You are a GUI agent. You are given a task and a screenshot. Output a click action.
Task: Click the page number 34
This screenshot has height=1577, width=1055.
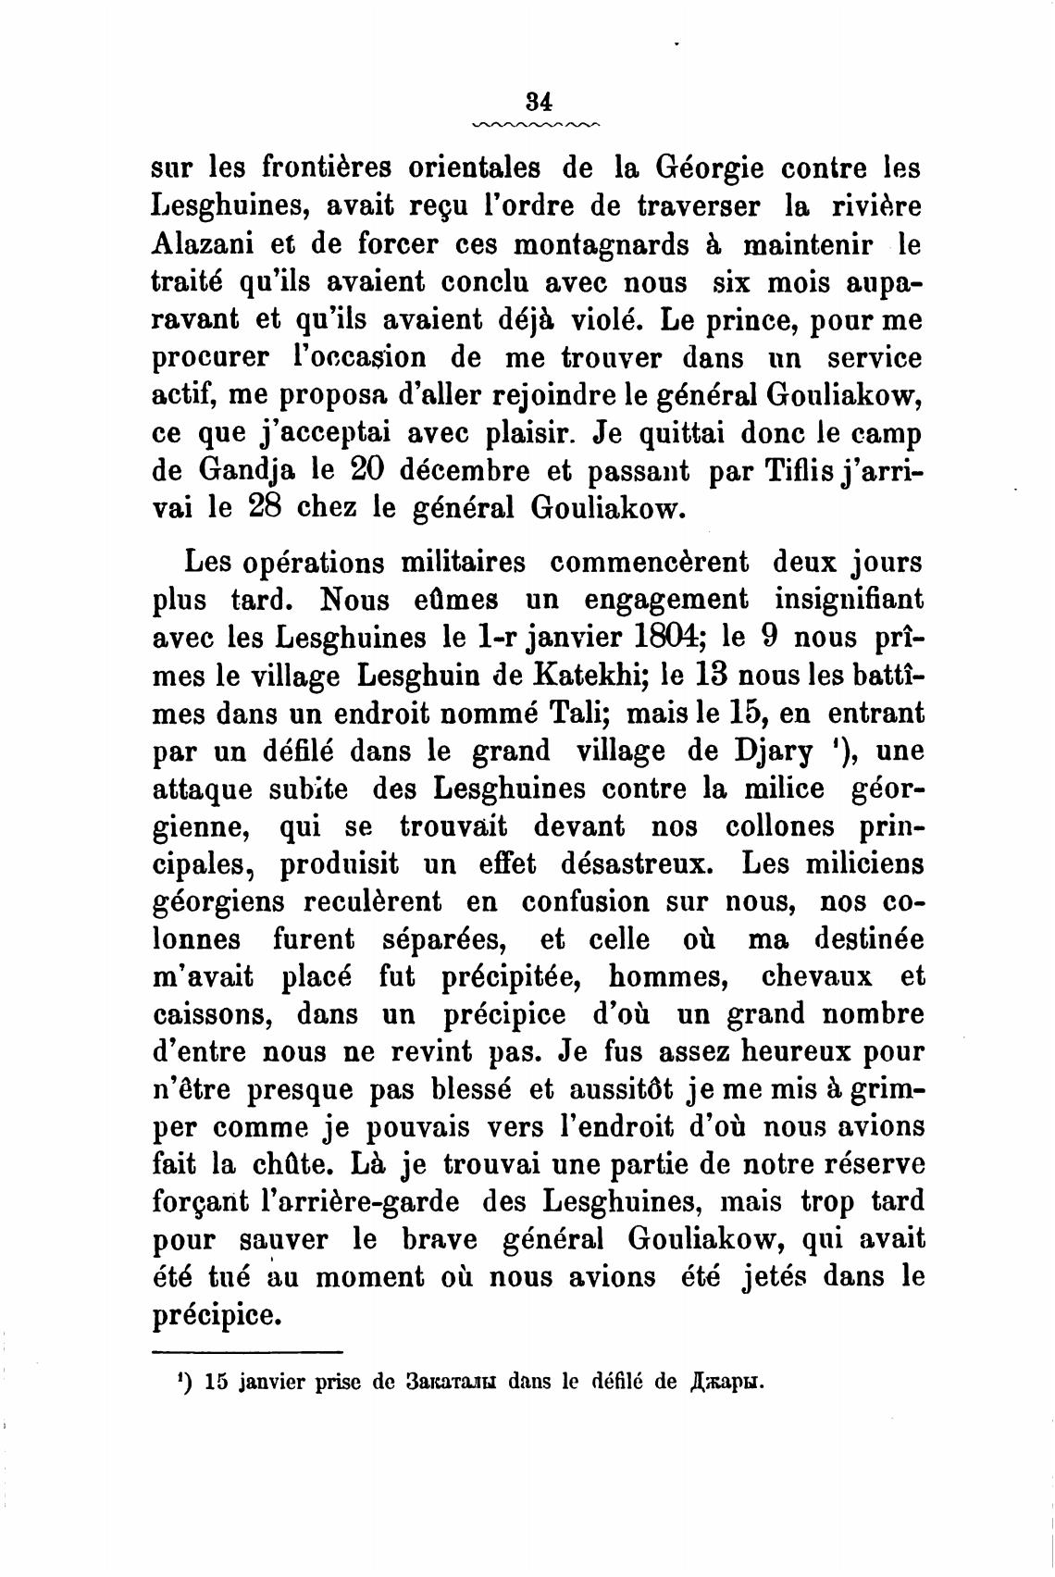537,100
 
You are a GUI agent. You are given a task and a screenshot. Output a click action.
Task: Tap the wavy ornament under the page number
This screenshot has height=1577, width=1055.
537,124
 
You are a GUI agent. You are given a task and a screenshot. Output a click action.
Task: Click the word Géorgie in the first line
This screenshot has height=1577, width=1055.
709,170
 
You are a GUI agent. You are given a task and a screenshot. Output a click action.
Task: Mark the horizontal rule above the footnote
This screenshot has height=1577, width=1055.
247,1350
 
